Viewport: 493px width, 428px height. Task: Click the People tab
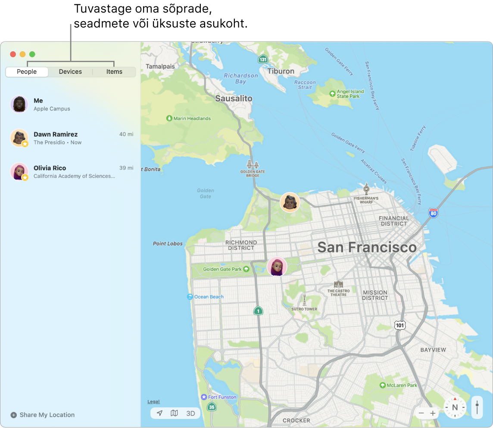coord(27,72)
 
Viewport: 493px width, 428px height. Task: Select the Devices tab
coord(70,72)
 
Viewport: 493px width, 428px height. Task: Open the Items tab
coord(114,72)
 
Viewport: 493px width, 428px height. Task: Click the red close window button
coord(13,54)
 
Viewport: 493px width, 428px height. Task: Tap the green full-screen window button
coord(32,54)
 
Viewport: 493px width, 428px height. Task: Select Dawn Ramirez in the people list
coord(56,135)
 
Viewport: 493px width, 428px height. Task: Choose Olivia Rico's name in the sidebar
coord(50,168)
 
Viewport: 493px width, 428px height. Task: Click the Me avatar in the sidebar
coord(19,104)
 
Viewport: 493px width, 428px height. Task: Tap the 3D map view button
coord(190,413)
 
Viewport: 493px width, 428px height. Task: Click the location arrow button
coord(159,413)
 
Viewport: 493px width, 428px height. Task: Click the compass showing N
coord(455,407)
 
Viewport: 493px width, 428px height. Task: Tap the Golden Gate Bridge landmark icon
coord(253,165)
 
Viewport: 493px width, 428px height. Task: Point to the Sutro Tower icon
coord(304,300)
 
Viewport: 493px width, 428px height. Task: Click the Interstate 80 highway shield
coord(433,212)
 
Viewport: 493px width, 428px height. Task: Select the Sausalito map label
coord(234,98)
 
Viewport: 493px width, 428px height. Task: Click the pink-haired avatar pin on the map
coord(277,267)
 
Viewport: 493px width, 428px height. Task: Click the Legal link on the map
coord(153,402)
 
